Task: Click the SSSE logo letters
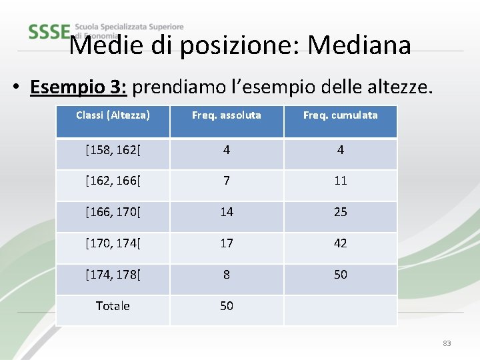click(x=49, y=31)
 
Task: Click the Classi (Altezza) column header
click(x=113, y=115)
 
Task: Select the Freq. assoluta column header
click(x=227, y=115)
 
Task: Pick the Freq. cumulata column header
click(x=340, y=115)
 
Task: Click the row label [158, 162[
click(x=113, y=149)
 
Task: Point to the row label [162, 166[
click(x=113, y=181)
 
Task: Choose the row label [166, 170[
click(x=113, y=212)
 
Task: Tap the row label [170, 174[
click(x=113, y=243)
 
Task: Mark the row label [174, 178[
click(x=113, y=275)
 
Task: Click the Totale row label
click(x=113, y=306)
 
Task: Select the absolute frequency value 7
click(x=227, y=181)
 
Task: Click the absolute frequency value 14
click(x=227, y=212)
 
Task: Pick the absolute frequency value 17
click(x=227, y=243)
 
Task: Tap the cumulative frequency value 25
click(x=340, y=212)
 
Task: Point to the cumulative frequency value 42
click(x=340, y=243)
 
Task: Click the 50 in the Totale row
click(x=227, y=306)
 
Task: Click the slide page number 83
click(x=447, y=343)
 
